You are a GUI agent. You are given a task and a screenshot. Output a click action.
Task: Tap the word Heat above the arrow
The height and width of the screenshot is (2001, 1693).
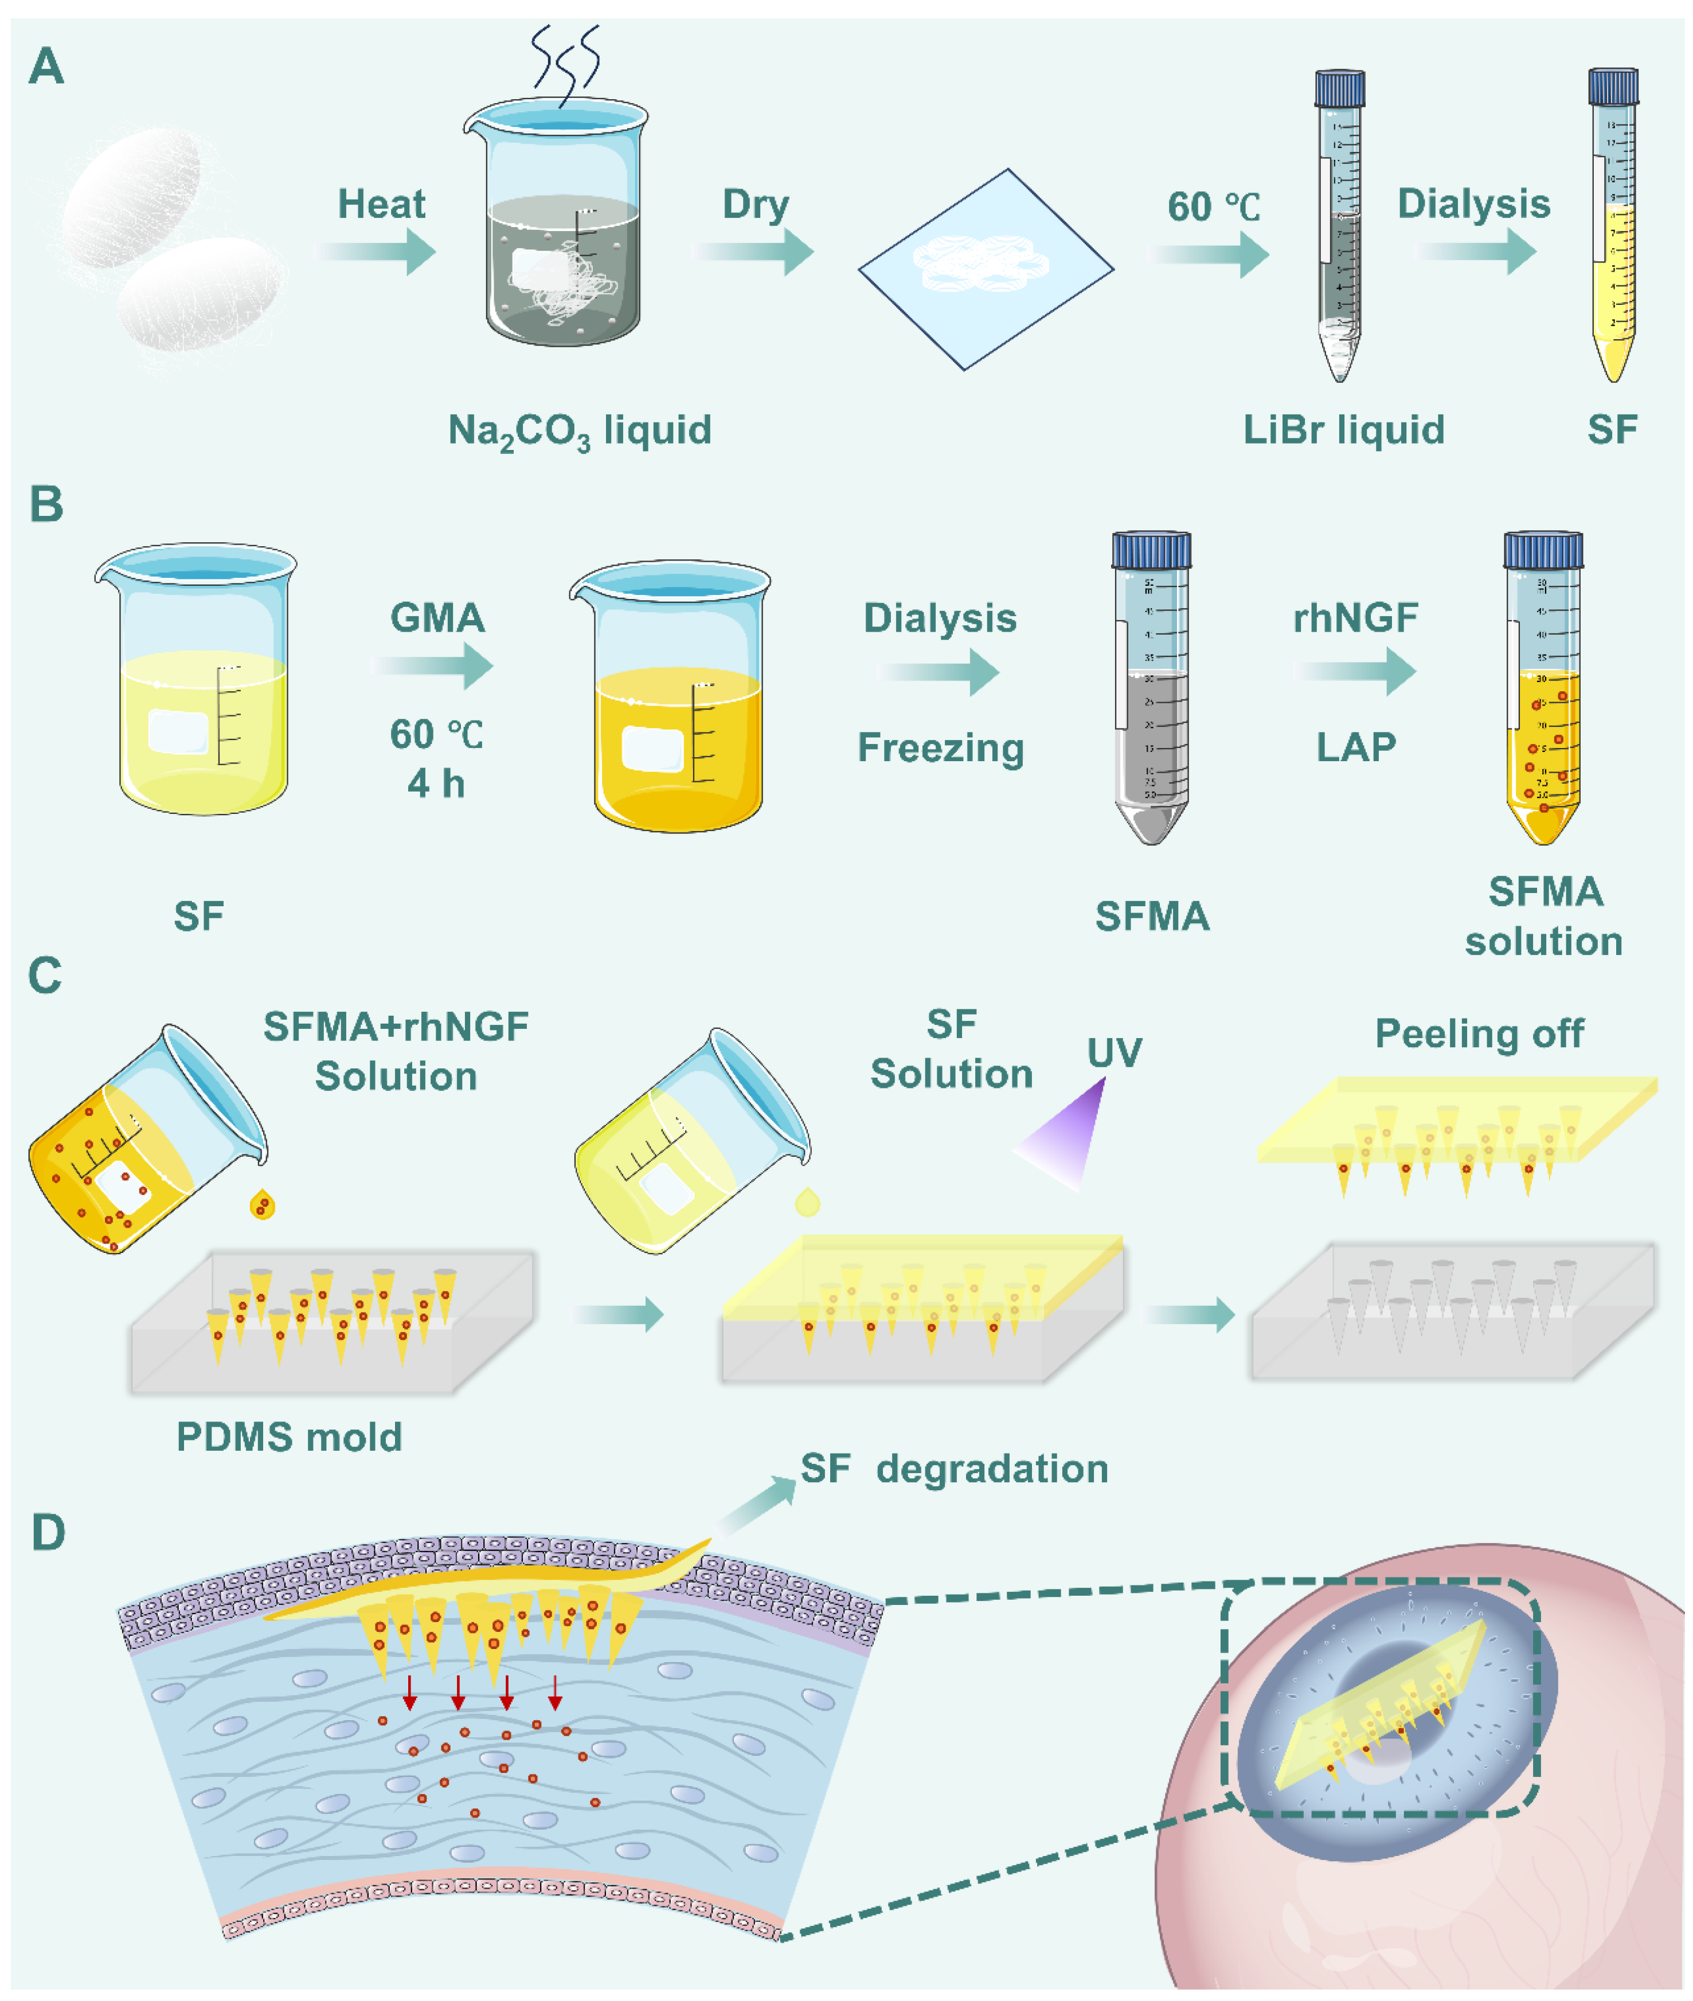tap(381, 205)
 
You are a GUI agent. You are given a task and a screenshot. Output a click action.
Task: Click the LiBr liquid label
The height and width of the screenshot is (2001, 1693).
tap(1344, 430)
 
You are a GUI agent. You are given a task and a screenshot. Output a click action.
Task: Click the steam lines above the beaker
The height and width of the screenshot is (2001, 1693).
tap(566, 62)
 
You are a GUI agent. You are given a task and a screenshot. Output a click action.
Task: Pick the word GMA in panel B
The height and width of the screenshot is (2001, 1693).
tap(437, 618)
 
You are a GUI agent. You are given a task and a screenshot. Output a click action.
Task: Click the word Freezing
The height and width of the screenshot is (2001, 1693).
tap(941, 747)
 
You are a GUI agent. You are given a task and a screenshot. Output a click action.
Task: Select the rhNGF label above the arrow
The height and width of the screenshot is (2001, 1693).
tap(1355, 618)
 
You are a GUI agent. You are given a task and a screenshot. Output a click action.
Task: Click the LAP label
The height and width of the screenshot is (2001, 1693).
tap(1355, 747)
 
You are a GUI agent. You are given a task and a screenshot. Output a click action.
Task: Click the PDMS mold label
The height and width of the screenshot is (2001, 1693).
tap(289, 1436)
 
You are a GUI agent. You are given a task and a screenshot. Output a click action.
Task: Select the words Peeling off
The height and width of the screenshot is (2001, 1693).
tap(1479, 1033)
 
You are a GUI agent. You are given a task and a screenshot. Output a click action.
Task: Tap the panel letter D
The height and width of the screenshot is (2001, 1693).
tap(48, 1533)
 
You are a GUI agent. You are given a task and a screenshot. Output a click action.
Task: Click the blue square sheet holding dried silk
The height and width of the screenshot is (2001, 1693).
tap(986, 269)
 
